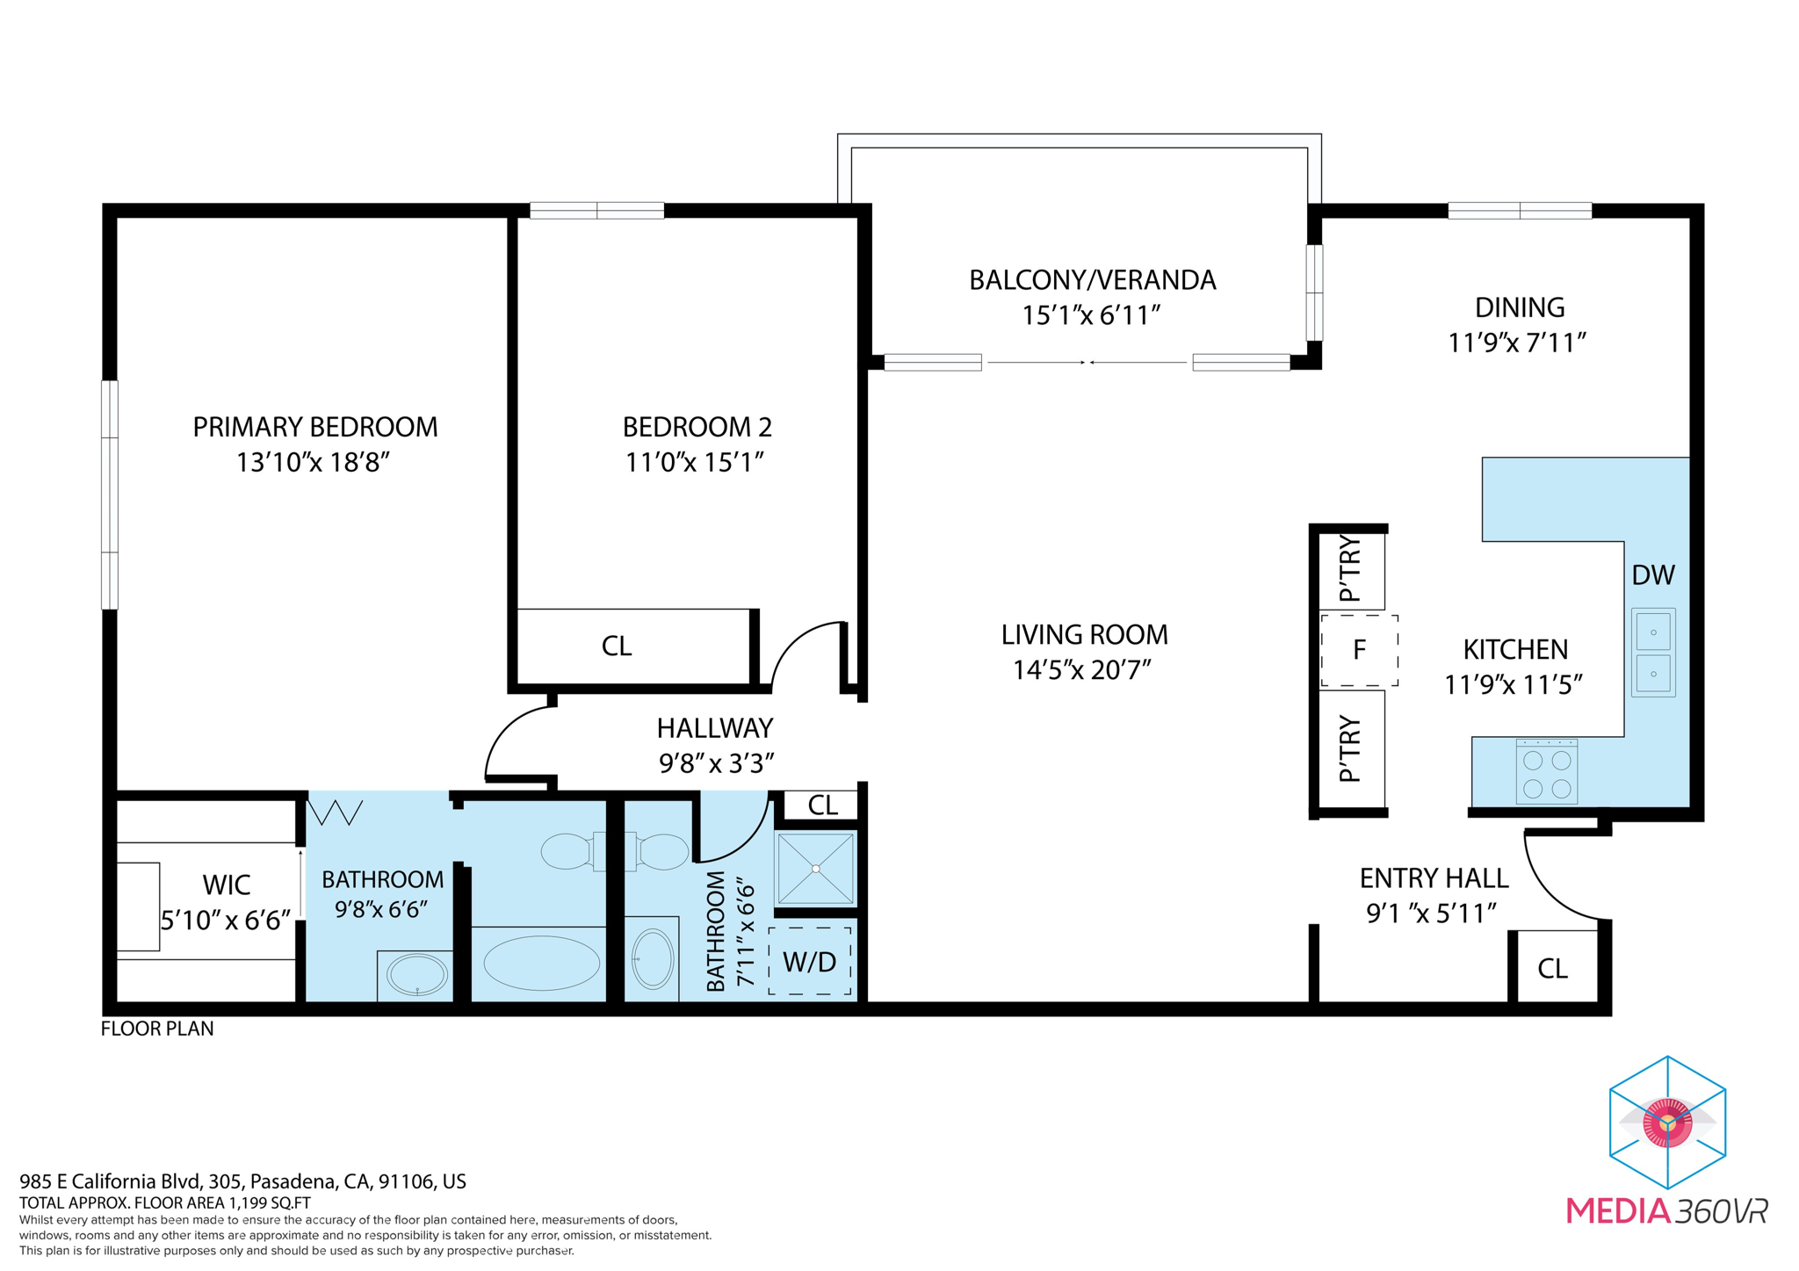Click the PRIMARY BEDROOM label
[x=314, y=427]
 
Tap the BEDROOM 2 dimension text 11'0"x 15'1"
[x=695, y=462]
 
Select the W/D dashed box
[x=809, y=961]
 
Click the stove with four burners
[x=1546, y=772]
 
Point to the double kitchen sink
[x=1652, y=653]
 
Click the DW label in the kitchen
[x=1652, y=575]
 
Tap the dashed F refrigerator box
[x=1359, y=651]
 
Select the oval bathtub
[x=541, y=963]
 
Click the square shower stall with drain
[x=815, y=869]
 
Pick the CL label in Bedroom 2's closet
[x=616, y=646]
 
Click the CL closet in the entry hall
[x=1552, y=968]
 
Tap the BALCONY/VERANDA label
[x=1092, y=280]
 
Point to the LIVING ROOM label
[x=1084, y=634]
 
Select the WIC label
[x=226, y=885]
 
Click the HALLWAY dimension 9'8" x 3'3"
[x=716, y=763]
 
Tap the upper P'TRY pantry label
[x=1350, y=569]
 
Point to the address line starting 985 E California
[x=242, y=1181]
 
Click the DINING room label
[x=1519, y=307]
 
